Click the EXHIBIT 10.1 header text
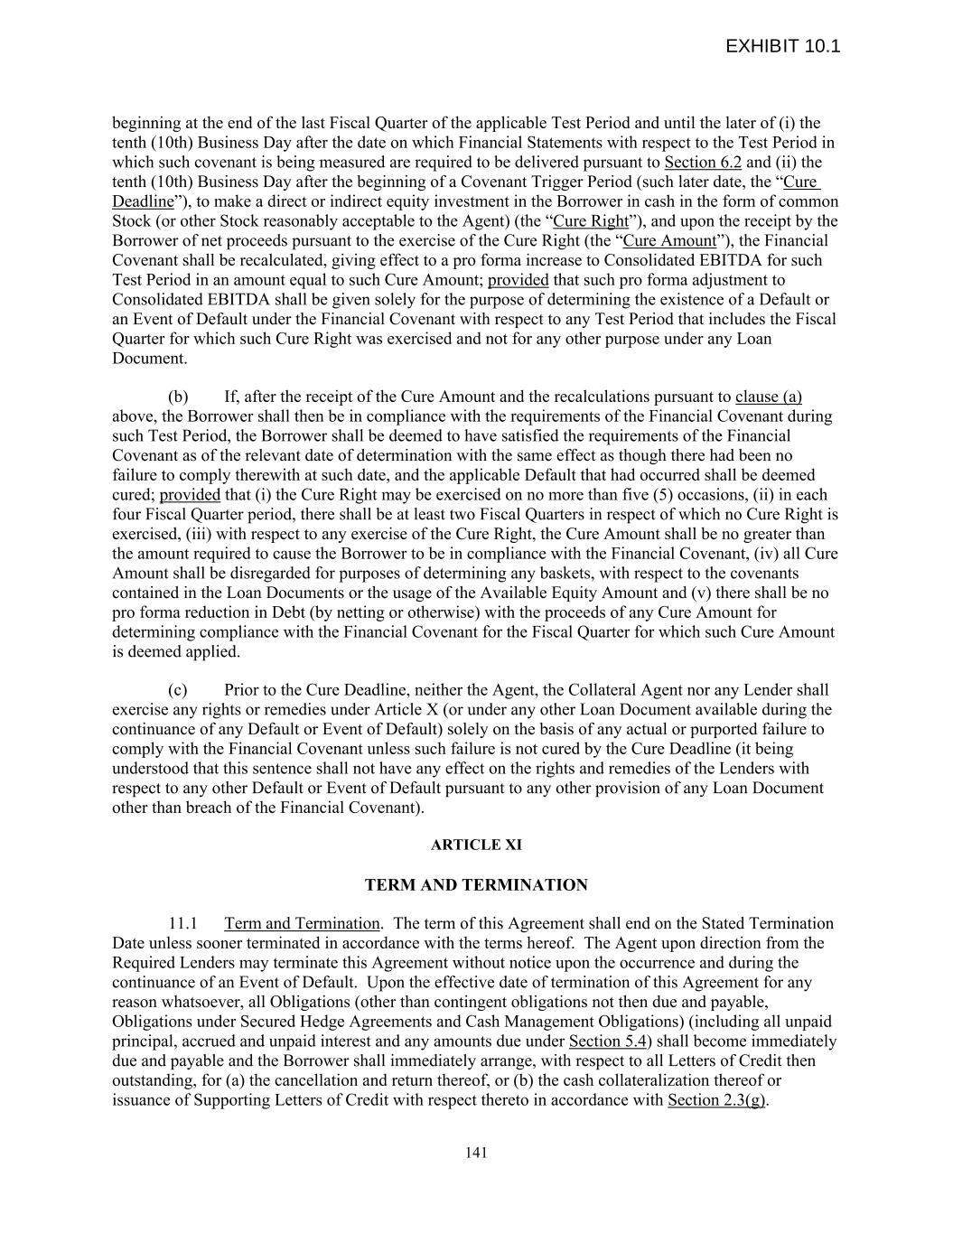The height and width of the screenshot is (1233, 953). point(782,46)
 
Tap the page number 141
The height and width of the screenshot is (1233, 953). point(476,1152)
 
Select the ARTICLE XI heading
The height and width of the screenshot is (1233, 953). point(476,845)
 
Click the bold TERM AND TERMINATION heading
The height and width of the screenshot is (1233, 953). point(476,885)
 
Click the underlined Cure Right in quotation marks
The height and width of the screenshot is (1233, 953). point(590,221)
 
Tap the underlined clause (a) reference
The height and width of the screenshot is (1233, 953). point(769,397)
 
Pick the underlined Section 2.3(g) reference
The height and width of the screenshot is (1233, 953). point(716,1099)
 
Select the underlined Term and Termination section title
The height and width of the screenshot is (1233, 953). point(302,923)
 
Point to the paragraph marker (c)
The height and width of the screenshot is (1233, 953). point(178,690)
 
